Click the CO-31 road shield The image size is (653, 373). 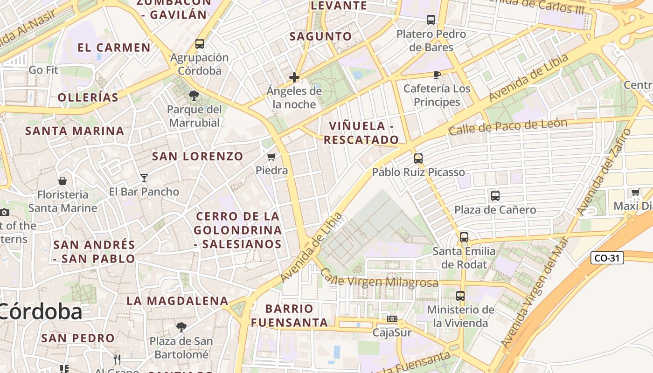(x=607, y=257)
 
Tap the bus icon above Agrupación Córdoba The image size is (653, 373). (x=200, y=44)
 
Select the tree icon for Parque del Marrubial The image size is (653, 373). (x=194, y=96)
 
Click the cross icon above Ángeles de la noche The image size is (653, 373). (x=294, y=77)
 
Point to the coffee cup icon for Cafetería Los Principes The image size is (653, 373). (x=437, y=74)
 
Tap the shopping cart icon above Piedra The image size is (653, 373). (x=271, y=157)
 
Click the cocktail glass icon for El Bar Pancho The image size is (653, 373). (x=144, y=178)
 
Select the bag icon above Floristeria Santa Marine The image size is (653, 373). (x=63, y=180)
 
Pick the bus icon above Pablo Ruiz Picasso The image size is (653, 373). (x=418, y=158)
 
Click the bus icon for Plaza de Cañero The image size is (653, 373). (x=495, y=196)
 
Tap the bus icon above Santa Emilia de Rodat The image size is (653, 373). (x=464, y=237)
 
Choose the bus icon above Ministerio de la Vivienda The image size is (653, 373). (x=460, y=296)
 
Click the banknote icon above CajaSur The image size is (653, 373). (x=392, y=319)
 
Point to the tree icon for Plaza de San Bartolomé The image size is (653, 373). (x=181, y=327)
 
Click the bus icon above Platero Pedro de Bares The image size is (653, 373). (x=431, y=20)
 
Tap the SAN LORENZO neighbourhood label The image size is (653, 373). (x=198, y=156)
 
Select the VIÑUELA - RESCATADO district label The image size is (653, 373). (x=361, y=132)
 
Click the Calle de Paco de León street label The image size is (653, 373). (x=508, y=126)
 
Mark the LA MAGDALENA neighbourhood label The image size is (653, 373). (x=177, y=301)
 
